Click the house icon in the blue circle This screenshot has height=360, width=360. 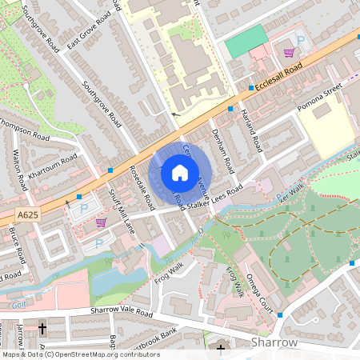(180, 173)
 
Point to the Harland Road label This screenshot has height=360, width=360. (251, 130)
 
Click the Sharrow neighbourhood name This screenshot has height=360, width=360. (274, 342)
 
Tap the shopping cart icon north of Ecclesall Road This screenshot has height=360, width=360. (288, 53)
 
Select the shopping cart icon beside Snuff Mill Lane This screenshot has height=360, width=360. (101, 222)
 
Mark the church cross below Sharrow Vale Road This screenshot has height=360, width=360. (42, 328)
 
